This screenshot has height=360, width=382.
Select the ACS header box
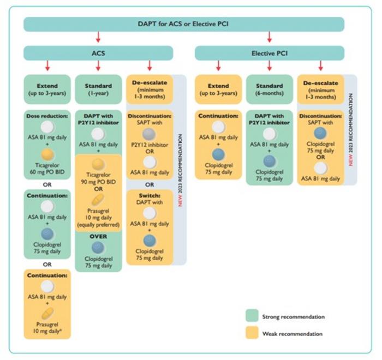point(98,53)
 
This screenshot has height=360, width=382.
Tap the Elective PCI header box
point(270,53)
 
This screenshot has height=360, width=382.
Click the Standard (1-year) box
point(99,89)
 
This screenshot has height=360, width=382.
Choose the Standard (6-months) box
point(270,89)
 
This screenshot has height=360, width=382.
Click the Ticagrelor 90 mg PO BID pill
point(99,164)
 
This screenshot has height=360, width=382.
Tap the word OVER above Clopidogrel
point(99,236)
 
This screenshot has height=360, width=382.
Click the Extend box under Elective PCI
point(218,89)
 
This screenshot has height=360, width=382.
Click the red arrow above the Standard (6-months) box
point(270,66)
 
